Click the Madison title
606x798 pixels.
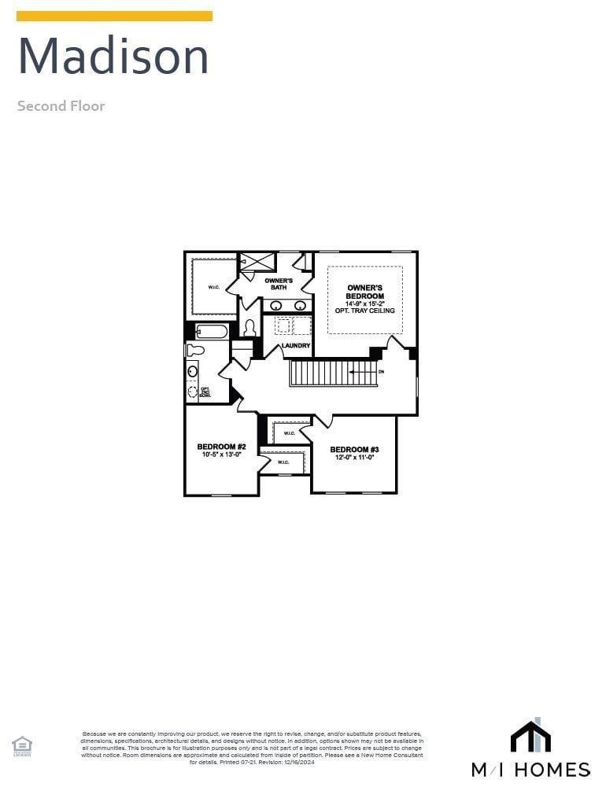click(113, 57)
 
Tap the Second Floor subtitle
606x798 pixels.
click(61, 106)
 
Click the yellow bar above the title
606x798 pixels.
click(114, 16)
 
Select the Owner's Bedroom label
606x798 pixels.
click(365, 292)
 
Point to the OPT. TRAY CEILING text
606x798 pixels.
click(365, 311)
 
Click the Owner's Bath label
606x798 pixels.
click(279, 284)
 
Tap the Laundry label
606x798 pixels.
click(296, 346)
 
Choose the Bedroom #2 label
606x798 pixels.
click(221, 447)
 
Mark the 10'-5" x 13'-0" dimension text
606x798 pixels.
click(221, 454)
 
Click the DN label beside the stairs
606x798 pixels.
click(382, 371)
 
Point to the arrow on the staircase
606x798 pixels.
click(362, 371)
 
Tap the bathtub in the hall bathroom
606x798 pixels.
click(212, 331)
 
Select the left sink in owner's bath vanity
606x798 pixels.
click(277, 305)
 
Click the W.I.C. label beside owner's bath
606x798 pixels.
click(214, 288)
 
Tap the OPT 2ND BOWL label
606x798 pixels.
click(205, 391)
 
